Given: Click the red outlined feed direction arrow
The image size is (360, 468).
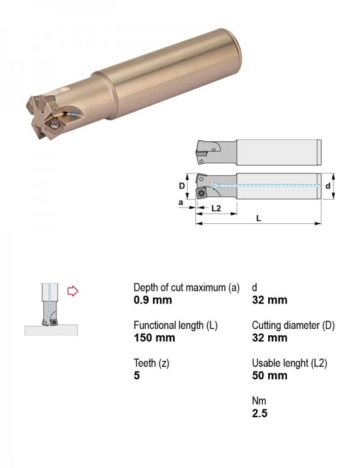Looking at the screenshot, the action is click(73, 291).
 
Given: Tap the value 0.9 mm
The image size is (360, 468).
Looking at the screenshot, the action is click(153, 300).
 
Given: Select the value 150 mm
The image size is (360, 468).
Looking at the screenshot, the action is click(154, 338).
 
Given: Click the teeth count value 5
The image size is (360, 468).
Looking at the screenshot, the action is click(137, 376).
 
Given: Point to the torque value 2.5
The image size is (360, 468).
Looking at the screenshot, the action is click(259, 413).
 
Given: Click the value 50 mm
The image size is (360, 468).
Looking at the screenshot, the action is click(269, 376).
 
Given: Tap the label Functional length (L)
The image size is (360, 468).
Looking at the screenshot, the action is click(176, 325).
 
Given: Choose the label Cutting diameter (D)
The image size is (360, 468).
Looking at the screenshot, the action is click(293, 325).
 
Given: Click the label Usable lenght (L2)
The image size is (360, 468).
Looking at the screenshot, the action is click(289, 363).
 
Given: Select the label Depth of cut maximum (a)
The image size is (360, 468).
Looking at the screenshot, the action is click(187, 288).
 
